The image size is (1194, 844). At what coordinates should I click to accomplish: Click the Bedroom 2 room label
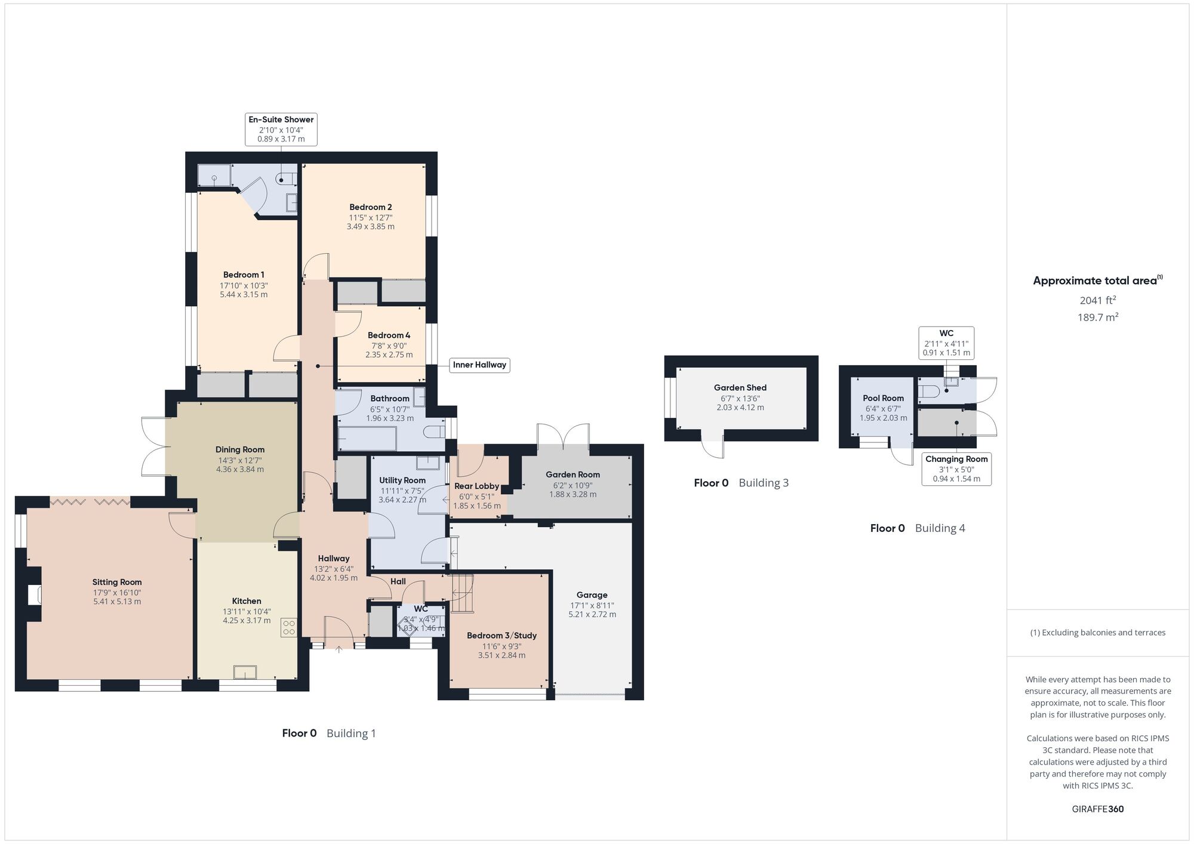tap(370, 207)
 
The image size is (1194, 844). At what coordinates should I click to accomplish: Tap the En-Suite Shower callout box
tap(281, 129)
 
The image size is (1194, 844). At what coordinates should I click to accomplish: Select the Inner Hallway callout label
tap(479, 365)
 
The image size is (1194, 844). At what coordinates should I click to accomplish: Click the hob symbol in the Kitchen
tap(289, 627)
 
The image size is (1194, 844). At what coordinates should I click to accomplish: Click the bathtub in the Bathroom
tap(367, 439)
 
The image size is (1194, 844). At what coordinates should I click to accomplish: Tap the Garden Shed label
tap(740, 387)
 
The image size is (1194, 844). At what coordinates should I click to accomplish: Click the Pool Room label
tap(883, 398)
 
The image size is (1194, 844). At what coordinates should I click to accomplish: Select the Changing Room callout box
tap(956, 469)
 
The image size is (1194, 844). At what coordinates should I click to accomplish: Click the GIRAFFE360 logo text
tap(1097, 809)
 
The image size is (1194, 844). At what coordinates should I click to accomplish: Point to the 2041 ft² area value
tap(1097, 300)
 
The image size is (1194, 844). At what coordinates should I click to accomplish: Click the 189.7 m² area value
tap(1097, 318)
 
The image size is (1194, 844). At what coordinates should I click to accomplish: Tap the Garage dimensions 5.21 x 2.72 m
tap(592, 614)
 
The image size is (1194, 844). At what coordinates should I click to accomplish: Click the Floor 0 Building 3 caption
tap(741, 483)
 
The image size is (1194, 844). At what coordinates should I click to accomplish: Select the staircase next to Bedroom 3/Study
tap(461, 593)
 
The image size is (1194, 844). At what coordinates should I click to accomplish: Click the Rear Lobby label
tap(476, 486)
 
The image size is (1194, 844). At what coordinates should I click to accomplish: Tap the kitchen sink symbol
tap(245, 672)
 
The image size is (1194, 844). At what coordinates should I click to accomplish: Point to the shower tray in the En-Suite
tap(214, 176)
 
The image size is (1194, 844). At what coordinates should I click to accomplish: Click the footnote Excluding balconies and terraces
tap(1097, 633)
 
